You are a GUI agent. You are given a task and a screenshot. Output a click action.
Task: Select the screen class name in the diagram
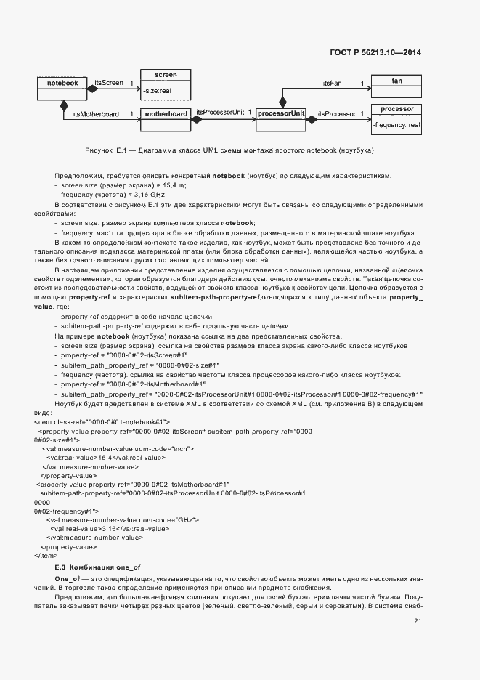point(166,75)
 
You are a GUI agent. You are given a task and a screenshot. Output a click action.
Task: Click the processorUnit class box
point(281,115)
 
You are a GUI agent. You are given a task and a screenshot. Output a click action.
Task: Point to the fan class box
point(396,81)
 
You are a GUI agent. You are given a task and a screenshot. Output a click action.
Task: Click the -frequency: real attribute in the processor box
point(396,126)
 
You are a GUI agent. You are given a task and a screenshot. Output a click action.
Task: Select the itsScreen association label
point(108,84)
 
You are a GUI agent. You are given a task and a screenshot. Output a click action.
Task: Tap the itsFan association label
point(332,84)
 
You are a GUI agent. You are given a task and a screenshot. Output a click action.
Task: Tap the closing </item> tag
point(45,555)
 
